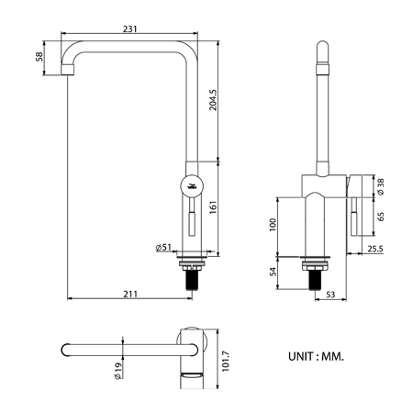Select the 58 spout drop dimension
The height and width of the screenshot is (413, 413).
[x=39, y=57]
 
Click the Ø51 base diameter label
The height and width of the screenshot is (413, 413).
[x=163, y=247]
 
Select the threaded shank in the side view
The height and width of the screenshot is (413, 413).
[x=192, y=277]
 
